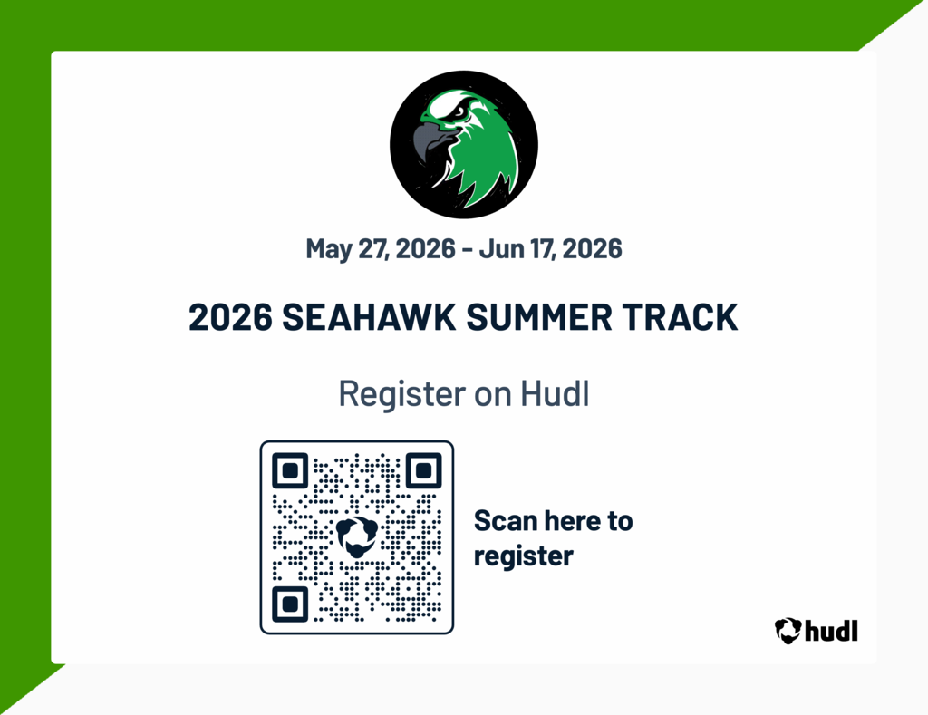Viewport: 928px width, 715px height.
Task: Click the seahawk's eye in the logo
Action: [x=459, y=112]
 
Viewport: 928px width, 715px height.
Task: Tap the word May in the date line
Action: [x=327, y=248]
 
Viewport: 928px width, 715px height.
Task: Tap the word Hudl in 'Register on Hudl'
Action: [x=555, y=394]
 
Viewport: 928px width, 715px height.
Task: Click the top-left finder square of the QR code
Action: [x=290, y=471]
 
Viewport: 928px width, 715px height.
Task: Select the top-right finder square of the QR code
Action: [x=423, y=471]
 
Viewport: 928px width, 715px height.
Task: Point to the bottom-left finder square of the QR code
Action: [x=290, y=604]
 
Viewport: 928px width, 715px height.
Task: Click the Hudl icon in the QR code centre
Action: [x=356, y=537]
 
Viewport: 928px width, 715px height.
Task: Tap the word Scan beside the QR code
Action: [x=504, y=521]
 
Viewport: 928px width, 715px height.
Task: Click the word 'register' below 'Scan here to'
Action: [x=523, y=556]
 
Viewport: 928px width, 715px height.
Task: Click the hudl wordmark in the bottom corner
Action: [x=830, y=631]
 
